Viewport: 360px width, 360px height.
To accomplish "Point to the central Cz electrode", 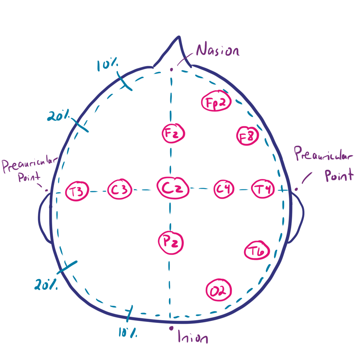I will point(173,189).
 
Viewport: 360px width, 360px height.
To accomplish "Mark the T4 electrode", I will point(263,189).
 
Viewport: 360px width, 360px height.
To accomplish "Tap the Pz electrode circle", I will point(170,242).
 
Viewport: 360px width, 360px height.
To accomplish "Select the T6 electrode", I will point(257,251).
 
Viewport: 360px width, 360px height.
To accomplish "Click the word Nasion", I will point(218,51).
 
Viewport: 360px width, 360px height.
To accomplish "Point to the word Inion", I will point(193,337).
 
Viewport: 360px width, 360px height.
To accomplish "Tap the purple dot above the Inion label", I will point(171,328).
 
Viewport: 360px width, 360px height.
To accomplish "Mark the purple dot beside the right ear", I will point(296,189).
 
